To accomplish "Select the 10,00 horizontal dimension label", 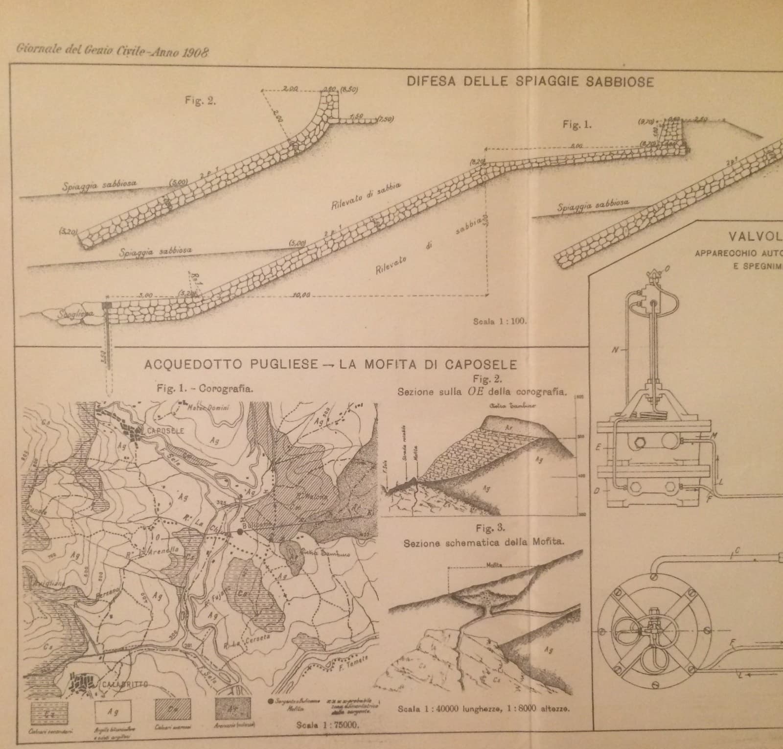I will [300, 296].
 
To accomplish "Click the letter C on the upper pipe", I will [737, 551].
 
